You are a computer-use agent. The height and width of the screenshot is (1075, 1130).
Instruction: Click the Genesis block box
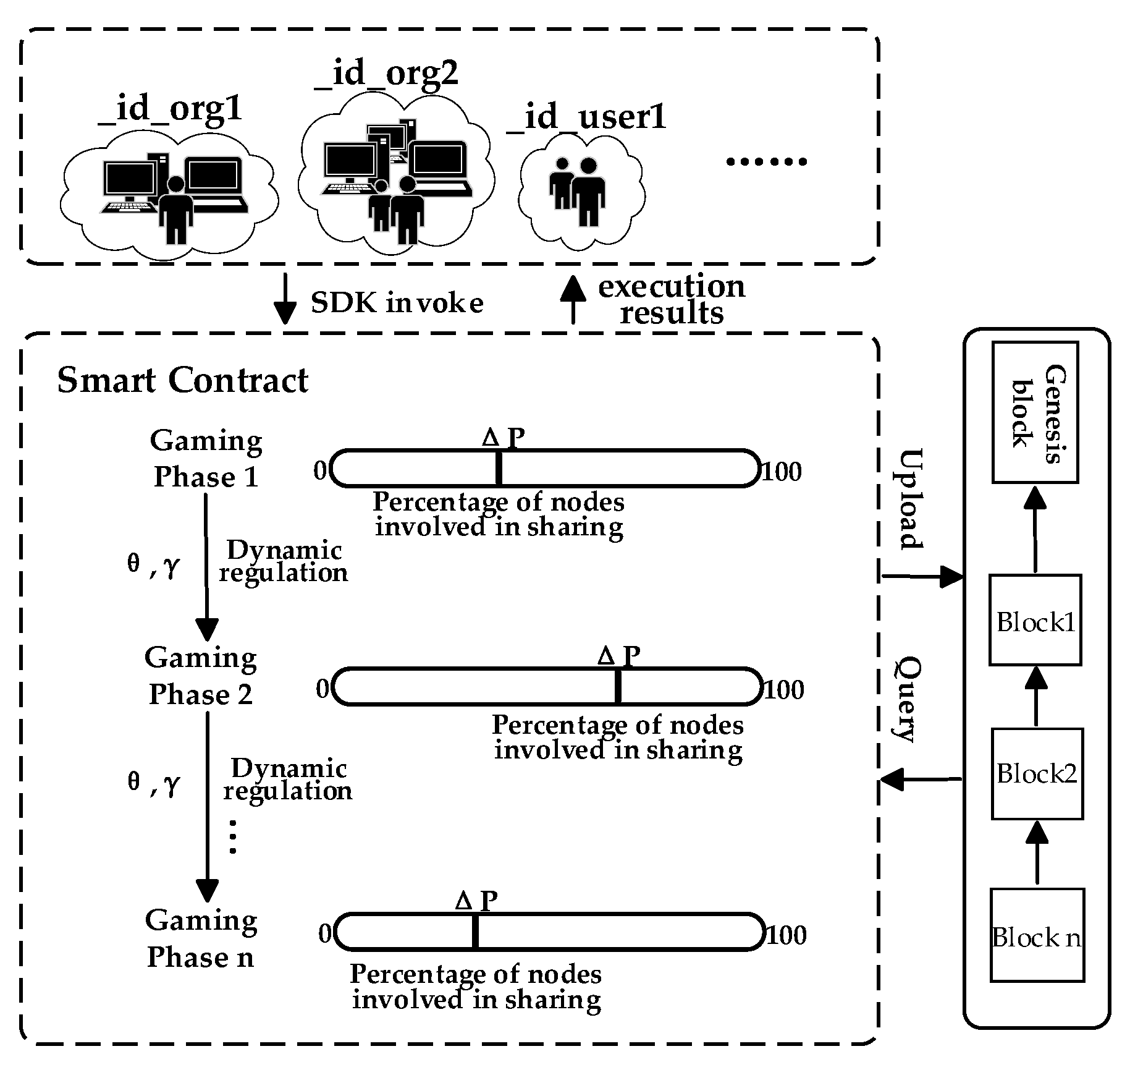[1035, 412]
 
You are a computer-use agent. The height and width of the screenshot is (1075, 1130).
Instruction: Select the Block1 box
[1035, 620]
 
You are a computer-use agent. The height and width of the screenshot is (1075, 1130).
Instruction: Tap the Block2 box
[1037, 773]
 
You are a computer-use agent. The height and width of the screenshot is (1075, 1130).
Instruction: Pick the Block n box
[1037, 935]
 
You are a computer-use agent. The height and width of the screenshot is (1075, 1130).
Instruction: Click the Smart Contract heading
[182, 380]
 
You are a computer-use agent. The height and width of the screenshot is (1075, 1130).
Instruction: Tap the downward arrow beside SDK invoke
[285, 299]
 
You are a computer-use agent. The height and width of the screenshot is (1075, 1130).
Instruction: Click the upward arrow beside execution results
[573, 299]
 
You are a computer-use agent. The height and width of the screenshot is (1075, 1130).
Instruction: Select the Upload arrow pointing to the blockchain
[921, 577]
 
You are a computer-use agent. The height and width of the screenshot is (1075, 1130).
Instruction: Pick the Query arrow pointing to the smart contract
[920, 780]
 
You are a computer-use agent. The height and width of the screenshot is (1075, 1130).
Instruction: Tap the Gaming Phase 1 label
[206, 459]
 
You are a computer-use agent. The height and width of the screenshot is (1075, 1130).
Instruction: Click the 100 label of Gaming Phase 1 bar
[781, 472]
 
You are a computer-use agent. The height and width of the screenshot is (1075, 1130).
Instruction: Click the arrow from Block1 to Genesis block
[1035, 529]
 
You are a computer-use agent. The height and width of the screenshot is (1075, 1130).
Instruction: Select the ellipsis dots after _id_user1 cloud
[766, 161]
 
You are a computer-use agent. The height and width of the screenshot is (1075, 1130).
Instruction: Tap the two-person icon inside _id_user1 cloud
[578, 192]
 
